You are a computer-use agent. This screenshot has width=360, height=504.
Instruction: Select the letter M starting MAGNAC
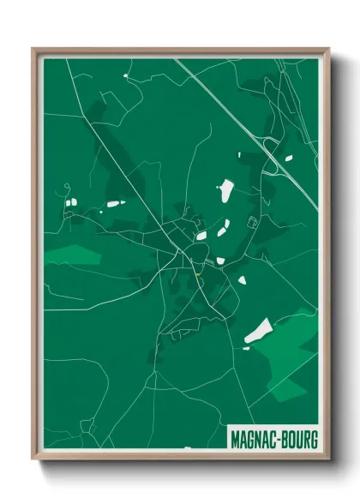pyautogui.click(x=235, y=440)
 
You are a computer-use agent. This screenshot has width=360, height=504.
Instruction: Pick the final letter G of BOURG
pyautogui.click(x=315, y=440)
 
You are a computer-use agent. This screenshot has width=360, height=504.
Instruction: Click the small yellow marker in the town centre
pyautogui.click(x=199, y=275)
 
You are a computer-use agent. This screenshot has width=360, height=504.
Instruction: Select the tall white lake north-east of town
pyautogui.click(x=227, y=189)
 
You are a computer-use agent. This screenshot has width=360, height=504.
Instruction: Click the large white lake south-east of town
pyautogui.click(x=258, y=331)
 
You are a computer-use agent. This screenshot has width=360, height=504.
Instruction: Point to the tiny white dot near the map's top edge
pyautogui.click(x=126, y=76)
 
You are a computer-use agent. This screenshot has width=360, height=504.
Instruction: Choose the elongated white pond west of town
pyautogui.click(x=113, y=204)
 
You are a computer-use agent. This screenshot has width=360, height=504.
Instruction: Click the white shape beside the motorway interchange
pyautogui.click(x=287, y=158)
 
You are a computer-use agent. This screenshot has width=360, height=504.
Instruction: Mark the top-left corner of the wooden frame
pyautogui.click(x=33, y=49)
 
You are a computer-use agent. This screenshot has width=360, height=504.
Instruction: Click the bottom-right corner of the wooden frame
pyautogui.click(x=328, y=460)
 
